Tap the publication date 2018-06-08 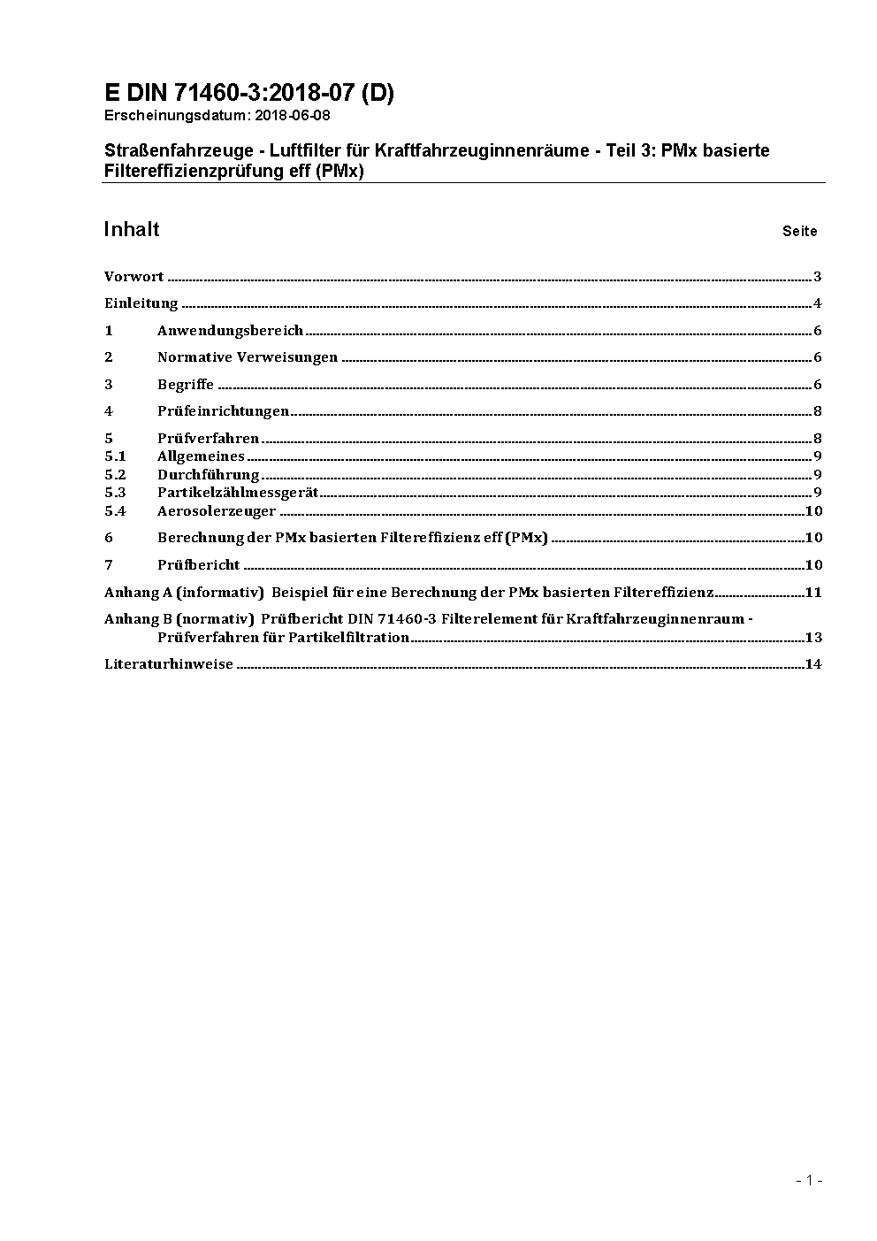[293, 115]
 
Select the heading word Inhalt [132, 230]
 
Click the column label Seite [799, 232]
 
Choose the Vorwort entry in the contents [133, 277]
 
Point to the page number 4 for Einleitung [818, 304]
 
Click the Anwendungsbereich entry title [230, 331]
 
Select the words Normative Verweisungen [248, 357]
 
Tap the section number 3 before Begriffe [109, 385]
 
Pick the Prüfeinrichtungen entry [223, 411]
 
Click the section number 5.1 [115, 456]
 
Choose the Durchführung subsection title [208, 475]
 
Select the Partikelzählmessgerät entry [238, 493]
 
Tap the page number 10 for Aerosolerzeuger [813, 511]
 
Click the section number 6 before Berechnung [109, 538]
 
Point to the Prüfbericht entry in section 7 [199, 565]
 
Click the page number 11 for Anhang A [813, 593]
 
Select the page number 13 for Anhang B [813, 638]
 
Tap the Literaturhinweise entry [169, 664]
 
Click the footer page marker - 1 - [809, 1180]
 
